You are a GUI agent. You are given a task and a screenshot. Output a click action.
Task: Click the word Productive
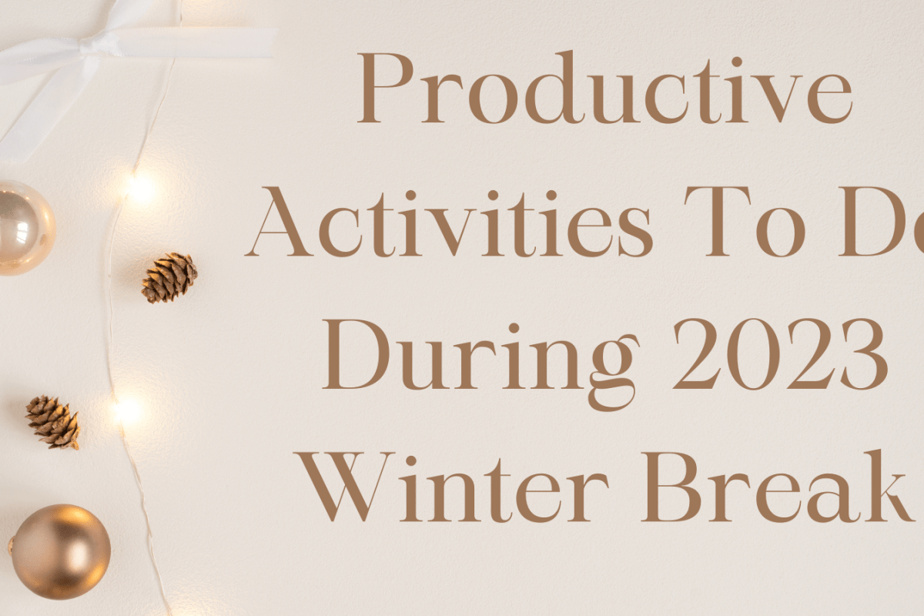click(604, 91)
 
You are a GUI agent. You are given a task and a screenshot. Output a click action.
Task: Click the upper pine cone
click(169, 277)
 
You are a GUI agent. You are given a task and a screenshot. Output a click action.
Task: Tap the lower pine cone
click(52, 421)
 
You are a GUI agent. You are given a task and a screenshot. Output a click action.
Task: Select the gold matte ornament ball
click(60, 551)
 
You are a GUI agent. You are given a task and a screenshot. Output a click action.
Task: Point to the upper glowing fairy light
click(141, 187)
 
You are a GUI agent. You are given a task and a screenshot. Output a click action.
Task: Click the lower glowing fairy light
click(128, 410)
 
